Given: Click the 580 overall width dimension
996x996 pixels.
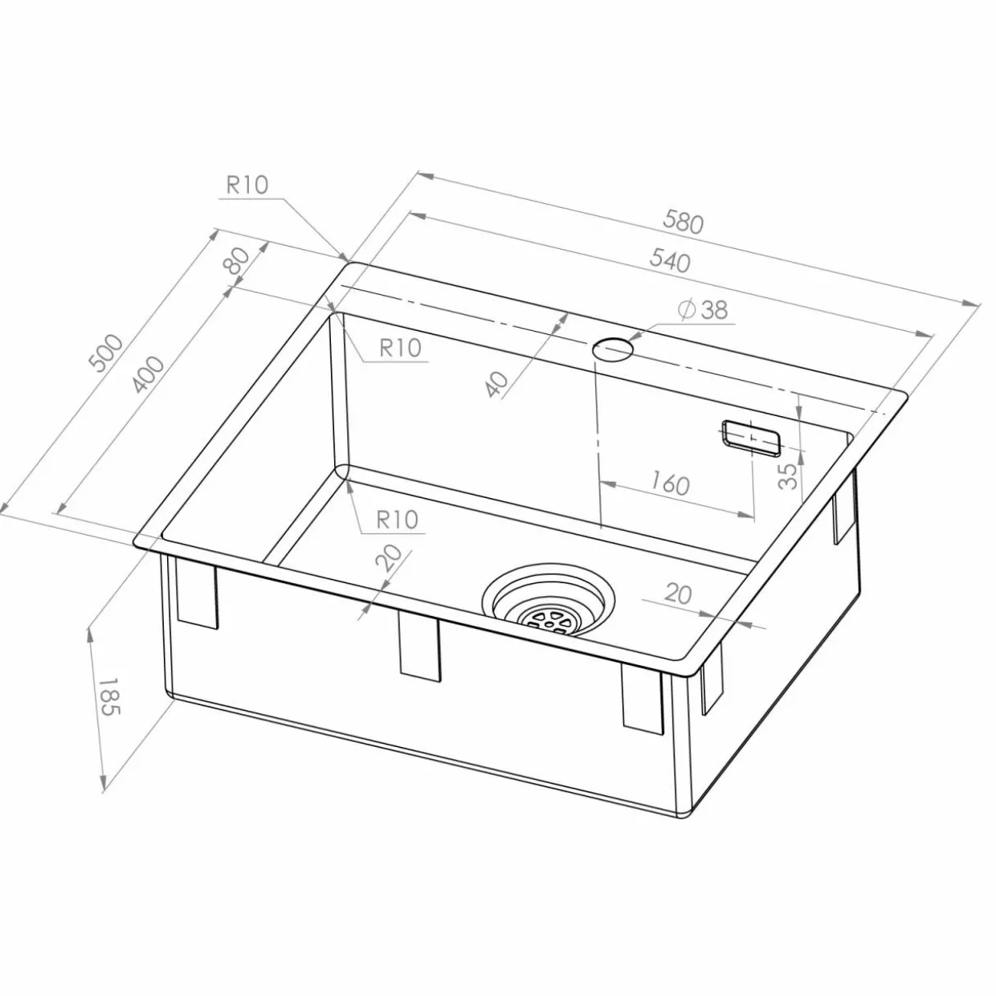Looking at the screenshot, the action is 684,222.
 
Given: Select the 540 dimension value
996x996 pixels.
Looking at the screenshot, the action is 670,260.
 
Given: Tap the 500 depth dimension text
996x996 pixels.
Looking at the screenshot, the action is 107,353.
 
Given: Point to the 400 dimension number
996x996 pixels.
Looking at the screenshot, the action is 147,375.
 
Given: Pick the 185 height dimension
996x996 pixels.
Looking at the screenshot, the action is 109,696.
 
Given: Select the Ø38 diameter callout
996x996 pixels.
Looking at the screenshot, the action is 704,309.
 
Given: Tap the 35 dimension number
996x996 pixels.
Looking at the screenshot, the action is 788,476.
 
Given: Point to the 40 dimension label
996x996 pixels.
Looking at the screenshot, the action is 497,385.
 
